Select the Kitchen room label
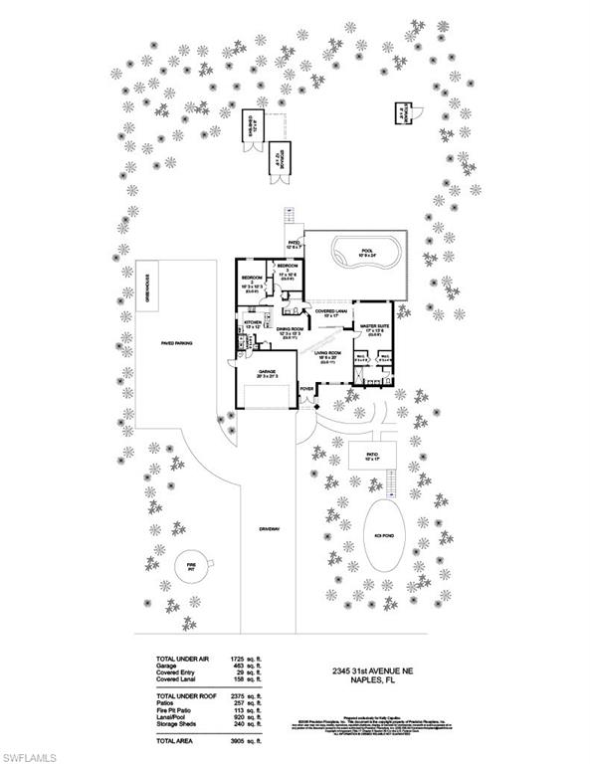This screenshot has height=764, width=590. click(x=253, y=324)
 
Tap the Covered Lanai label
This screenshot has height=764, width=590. click(x=330, y=311)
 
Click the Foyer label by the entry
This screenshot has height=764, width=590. click(x=306, y=388)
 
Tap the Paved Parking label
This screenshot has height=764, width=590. click(x=176, y=341)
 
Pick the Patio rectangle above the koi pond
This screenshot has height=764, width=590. click(x=371, y=457)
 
